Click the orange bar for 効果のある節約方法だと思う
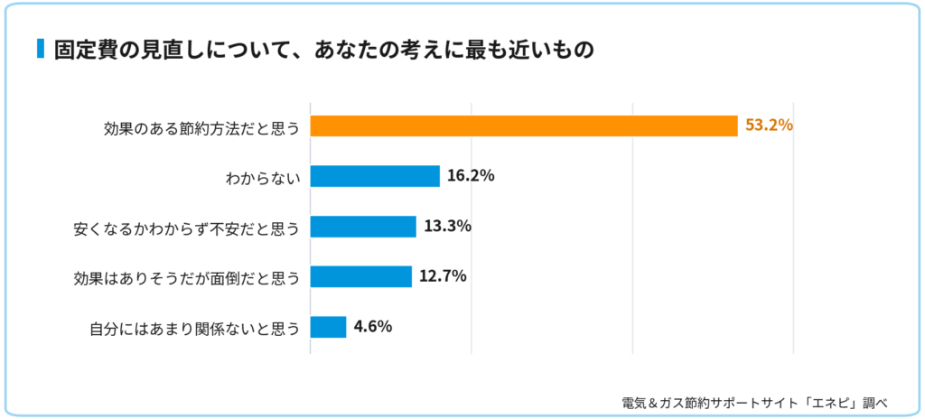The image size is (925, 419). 524,126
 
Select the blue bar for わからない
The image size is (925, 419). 375,176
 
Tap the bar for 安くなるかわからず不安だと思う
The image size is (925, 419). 363,226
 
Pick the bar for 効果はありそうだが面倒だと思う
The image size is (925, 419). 361,276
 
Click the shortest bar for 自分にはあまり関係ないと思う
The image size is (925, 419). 328,327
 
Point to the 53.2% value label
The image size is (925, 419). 769,126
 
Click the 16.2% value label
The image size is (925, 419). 471,175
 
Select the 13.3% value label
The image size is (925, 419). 447,226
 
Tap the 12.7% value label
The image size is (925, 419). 443,275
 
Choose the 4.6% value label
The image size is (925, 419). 373,326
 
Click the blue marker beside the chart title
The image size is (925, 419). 41,49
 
